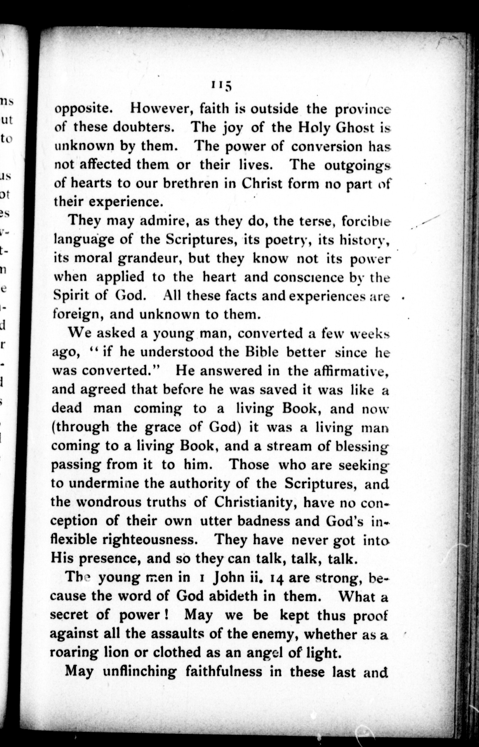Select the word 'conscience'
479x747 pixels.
308,278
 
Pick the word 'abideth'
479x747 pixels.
233,596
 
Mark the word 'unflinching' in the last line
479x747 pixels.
139,671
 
